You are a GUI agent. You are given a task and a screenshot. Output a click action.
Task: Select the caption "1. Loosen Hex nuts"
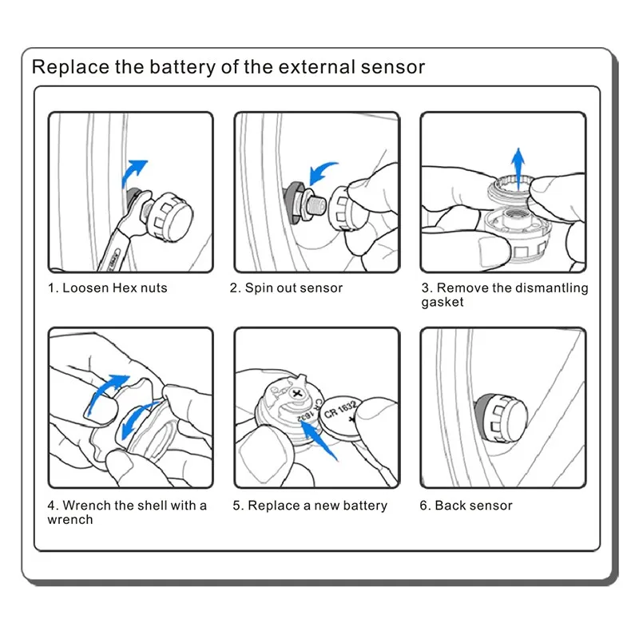coord(108,288)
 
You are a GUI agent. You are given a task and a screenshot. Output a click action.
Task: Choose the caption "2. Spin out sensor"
coord(286,288)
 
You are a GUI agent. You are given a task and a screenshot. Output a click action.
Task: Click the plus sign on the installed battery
coord(296,395)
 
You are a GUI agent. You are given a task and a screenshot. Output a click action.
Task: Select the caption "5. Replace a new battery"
coord(310,506)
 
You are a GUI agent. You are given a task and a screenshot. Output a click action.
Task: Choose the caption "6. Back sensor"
coord(466,506)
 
